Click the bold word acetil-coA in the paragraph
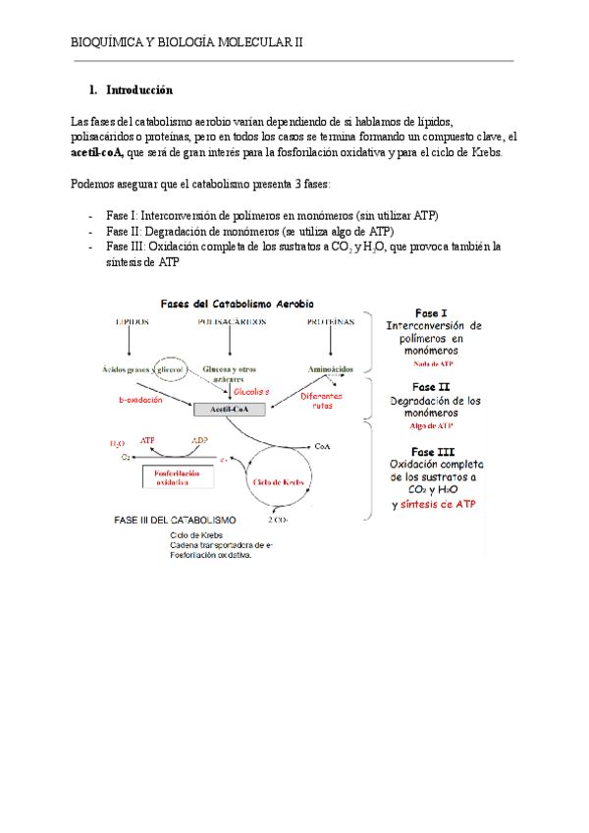pos(100,154)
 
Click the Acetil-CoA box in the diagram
pos(229,409)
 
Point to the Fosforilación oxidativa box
pos(185,476)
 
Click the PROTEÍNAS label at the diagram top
pos(332,321)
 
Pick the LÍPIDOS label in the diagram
pos(134,321)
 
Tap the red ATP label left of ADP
pos(147,441)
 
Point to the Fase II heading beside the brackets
pos(430,387)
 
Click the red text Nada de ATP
pos(432,363)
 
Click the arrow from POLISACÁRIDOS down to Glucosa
pos(230,342)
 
